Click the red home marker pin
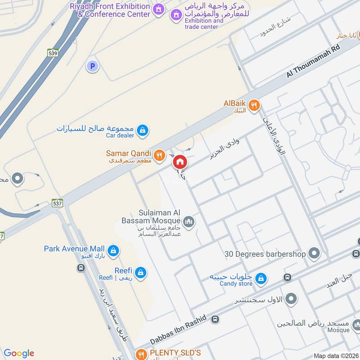pos(180,162)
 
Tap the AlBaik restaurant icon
pos(254,105)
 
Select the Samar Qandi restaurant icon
pos(159,156)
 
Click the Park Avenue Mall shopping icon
pos(113,250)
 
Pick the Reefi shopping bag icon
pos(141,272)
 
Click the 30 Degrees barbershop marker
pos(315,253)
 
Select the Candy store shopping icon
pos(260,279)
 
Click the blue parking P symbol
pos(92,67)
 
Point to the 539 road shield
pos(53,53)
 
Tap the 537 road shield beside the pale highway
pos(57,203)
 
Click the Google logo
pos(19,353)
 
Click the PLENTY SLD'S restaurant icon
pos(141,354)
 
